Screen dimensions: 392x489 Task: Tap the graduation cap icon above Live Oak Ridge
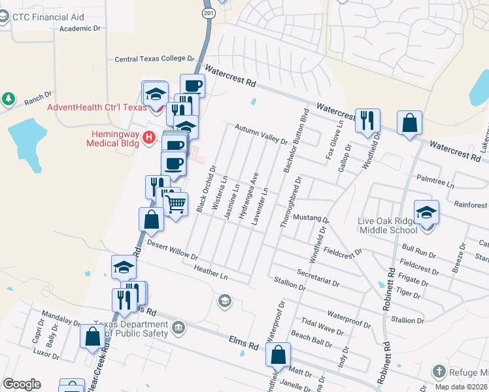click(x=426, y=213)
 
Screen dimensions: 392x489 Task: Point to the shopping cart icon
click(x=175, y=204)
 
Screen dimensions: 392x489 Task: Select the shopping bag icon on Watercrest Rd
click(x=409, y=123)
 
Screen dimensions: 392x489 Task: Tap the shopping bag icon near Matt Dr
click(x=278, y=355)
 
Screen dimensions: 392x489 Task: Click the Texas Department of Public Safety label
click(x=131, y=329)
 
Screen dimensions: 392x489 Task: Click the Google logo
click(x=22, y=384)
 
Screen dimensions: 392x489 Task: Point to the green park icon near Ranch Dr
click(x=8, y=99)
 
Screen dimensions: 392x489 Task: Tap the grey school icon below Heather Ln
click(x=224, y=301)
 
